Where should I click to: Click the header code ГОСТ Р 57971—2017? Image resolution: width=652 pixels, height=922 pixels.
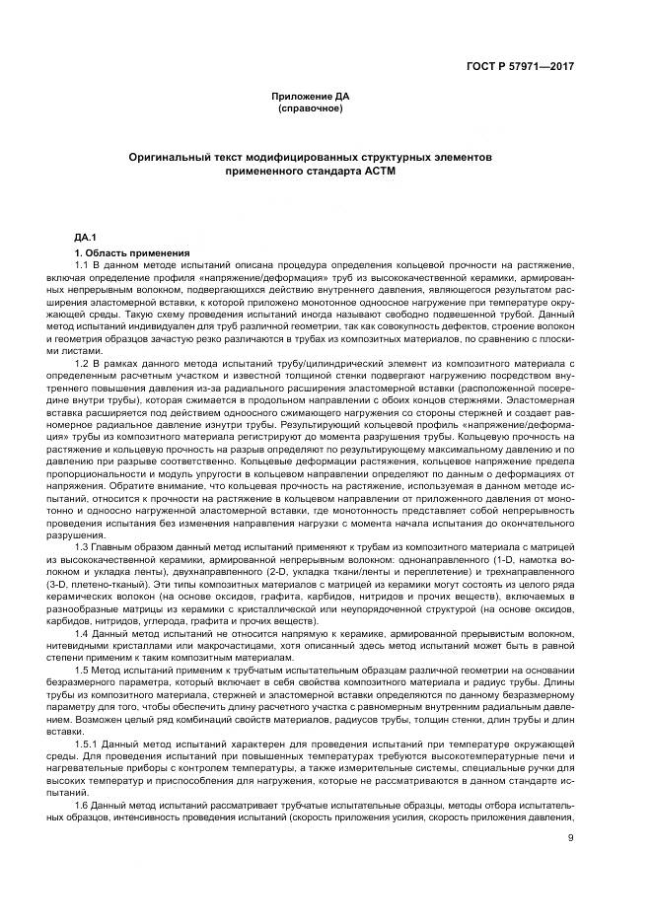pyautogui.click(x=532, y=65)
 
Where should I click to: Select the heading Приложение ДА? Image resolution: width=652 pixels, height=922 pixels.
pyautogui.click(x=312, y=96)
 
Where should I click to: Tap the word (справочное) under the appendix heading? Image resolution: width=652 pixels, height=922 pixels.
pyautogui.click(x=312, y=106)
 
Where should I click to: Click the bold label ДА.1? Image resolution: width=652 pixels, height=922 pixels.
pyautogui.click(x=86, y=238)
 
